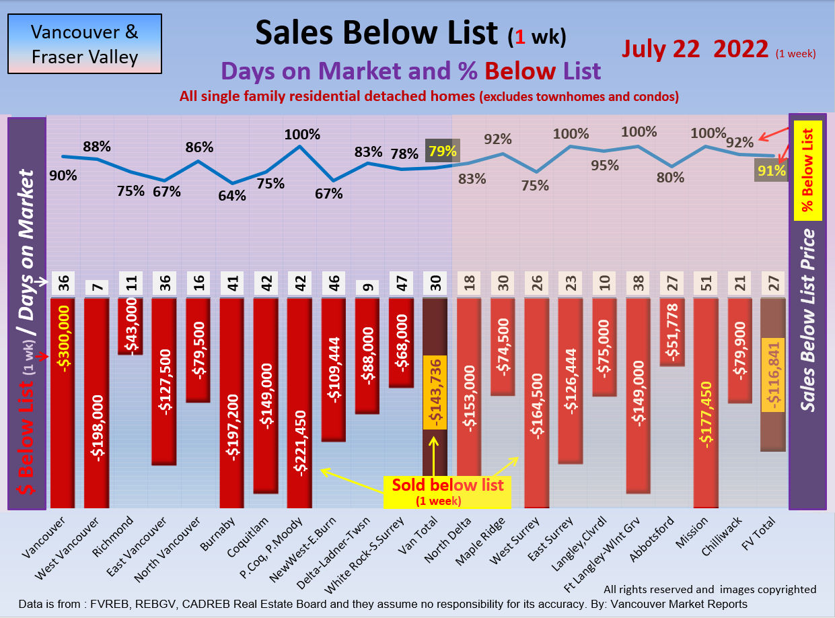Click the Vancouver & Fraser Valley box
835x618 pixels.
(85, 44)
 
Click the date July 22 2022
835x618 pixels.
(695, 49)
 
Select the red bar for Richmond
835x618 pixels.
(130, 325)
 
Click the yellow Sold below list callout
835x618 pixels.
(447, 491)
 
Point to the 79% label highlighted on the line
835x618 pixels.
(442, 152)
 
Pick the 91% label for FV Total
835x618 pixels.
(771, 171)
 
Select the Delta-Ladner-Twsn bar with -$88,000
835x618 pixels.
(367, 355)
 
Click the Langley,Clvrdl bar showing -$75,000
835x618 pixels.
(604, 346)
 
